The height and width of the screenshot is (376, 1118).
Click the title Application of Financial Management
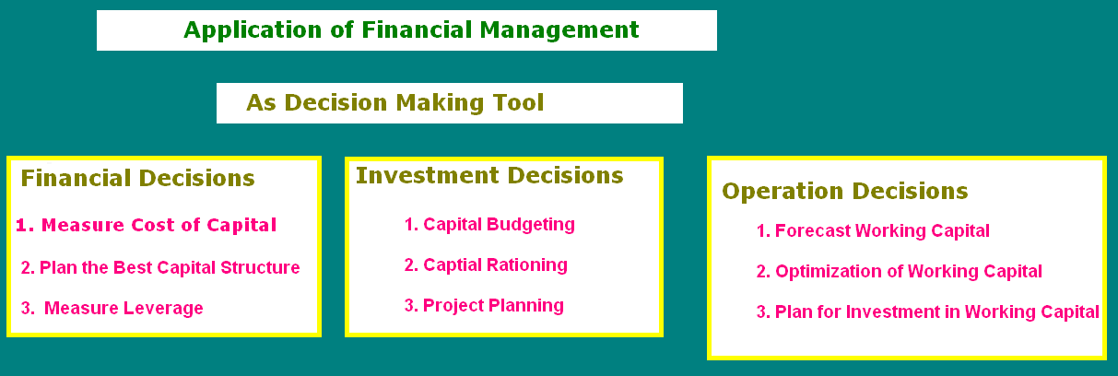(x=411, y=29)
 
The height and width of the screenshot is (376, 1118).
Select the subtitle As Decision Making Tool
(x=394, y=102)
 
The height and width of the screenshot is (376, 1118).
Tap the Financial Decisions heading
(x=137, y=178)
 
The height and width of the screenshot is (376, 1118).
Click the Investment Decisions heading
(x=489, y=175)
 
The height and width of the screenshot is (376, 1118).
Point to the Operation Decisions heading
(x=844, y=191)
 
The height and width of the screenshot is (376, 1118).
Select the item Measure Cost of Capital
(x=146, y=225)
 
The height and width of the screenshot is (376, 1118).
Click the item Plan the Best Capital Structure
(x=160, y=268)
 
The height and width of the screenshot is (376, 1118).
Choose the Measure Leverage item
(x=112, y=308)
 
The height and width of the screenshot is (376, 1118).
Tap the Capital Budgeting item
(x=489, y=224)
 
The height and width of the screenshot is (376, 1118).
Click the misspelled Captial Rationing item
(x=486, y=265)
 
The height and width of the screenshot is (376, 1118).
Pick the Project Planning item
(x=484, y=305)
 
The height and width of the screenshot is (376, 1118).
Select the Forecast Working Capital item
(x=873, y=231)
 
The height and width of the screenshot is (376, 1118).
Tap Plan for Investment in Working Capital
(x=927, y=311)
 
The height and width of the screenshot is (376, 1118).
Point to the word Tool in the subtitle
(x=516, y=102)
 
